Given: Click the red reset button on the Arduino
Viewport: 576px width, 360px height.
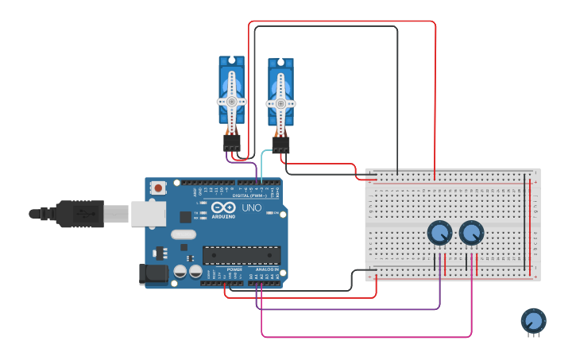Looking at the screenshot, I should pyautogui.click(x=158, y=188).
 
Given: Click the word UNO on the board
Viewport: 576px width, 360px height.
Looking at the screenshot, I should pyautogui.click(x=251, y=207).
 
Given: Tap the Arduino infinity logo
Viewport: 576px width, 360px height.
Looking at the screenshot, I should pyautogui.click(x=223, y=207).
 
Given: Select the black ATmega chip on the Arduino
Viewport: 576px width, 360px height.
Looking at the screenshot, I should pyautogui.click(x=241, y=255).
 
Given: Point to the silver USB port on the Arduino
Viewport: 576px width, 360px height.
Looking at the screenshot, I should pyautogui.click(x=149, y=213).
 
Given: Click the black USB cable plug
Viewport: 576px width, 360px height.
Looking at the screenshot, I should pyautogui.click(x=79, y=214).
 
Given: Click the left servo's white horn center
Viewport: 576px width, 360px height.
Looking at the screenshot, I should pyautogui.click(x=231, y=102).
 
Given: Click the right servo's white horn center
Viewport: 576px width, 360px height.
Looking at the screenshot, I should pyautogui.click(x=280, y=103).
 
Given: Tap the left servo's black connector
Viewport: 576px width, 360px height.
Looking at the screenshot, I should pyautogui.click(x=231, y=142).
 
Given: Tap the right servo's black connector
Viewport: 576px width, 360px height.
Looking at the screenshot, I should pyautogui.click(x=280, y=145).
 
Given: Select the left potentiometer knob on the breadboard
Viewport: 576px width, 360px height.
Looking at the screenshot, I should pyautogui.click(x=439, y=233).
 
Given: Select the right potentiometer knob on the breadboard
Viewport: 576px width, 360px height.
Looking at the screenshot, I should pyautogui.click(x=471, y=233).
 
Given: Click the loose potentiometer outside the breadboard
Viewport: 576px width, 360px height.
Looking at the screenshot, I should pyautogui.click(x=533, y=321).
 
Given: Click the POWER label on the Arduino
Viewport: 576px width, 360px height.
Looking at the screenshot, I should pyautogui.click(x=234, y=269).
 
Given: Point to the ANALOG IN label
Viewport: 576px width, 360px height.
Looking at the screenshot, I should pyautogui.click(x=266, y=269).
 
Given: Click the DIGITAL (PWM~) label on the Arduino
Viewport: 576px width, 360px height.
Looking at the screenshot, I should pyautogui.click(x=249, y=195).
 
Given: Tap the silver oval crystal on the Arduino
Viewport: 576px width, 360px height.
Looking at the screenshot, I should pyautogui.click(x=183, y=234).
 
